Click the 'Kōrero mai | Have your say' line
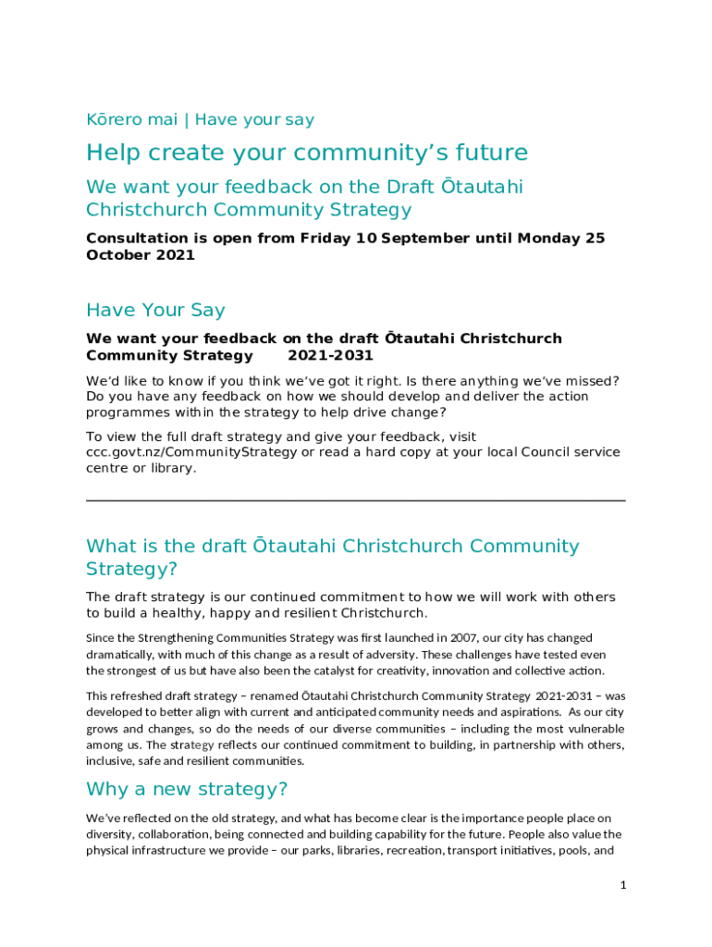coord(200,119)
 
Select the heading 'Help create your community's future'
coord(307,153)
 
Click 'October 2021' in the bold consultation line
coord(141,255)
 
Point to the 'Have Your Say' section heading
coord(155,310)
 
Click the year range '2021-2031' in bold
coord(330,355)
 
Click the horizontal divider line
coord(355,500)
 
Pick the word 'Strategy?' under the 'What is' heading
coord(131,568)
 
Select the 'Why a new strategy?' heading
coord(187,789)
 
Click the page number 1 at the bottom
coord(623,885)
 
